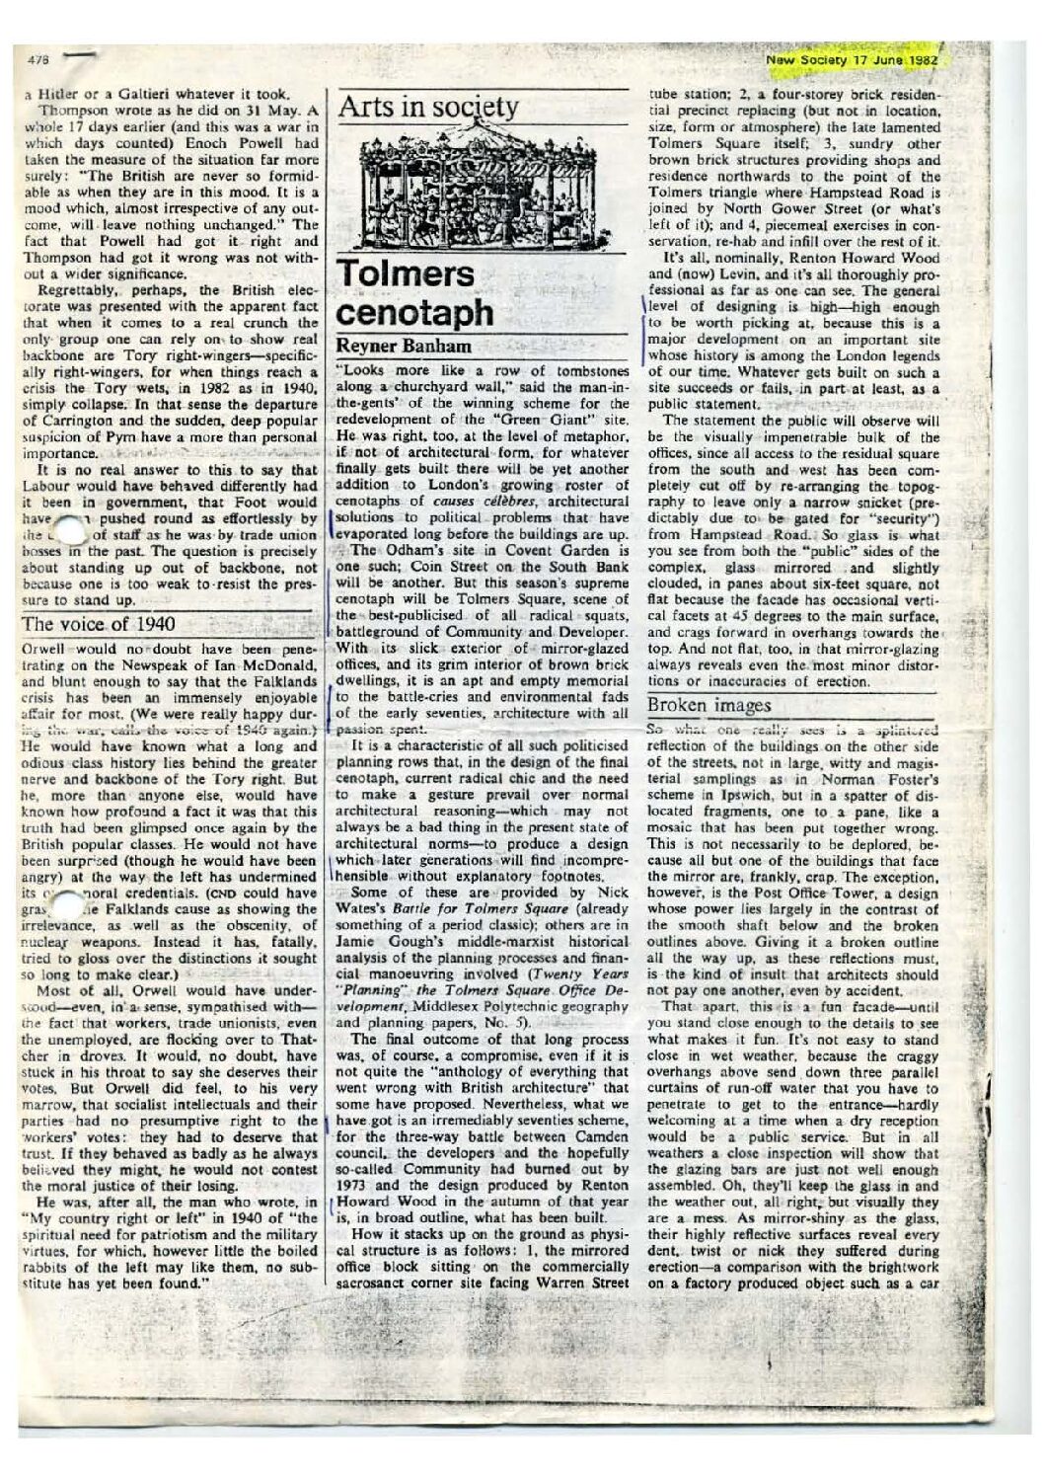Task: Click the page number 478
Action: tap(40, 60)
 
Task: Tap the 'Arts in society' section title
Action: tap(428, 109)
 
